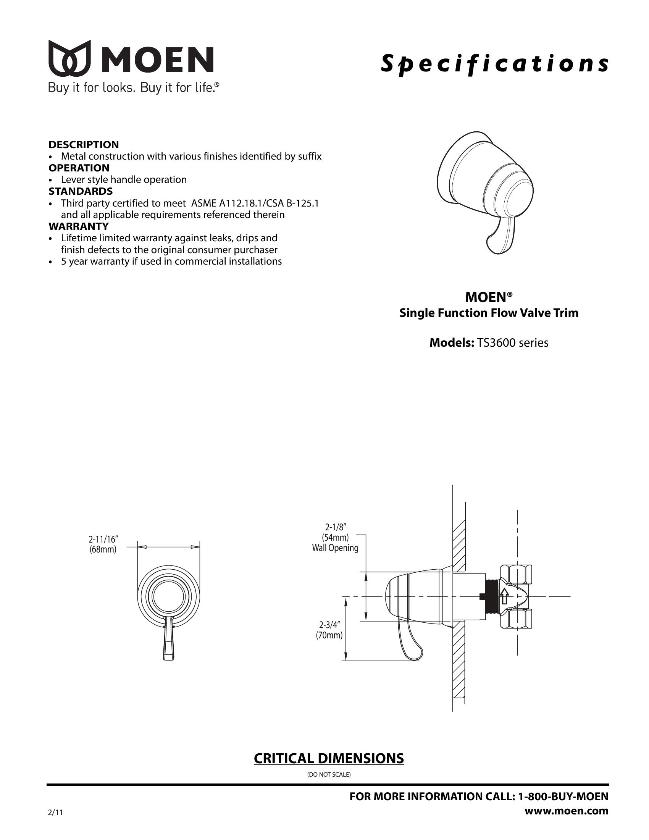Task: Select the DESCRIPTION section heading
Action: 84,145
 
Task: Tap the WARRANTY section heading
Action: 78,226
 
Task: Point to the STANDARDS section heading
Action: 80,191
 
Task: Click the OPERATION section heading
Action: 79,168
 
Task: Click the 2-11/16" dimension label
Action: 103,540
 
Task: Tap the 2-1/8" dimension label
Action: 335,527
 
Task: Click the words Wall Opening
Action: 335,548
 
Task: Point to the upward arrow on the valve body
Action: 504,596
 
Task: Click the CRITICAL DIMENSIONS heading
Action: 329,758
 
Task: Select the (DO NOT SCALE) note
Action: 329,774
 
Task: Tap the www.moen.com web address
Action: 566,811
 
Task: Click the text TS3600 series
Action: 512,343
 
